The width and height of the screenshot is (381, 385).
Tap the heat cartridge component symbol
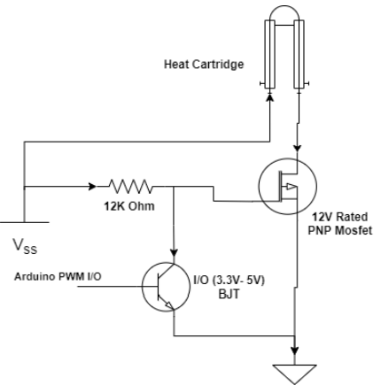284,52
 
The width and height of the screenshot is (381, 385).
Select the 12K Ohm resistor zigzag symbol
131,187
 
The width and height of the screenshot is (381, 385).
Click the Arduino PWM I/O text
58,276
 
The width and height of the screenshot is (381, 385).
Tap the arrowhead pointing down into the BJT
174,250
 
